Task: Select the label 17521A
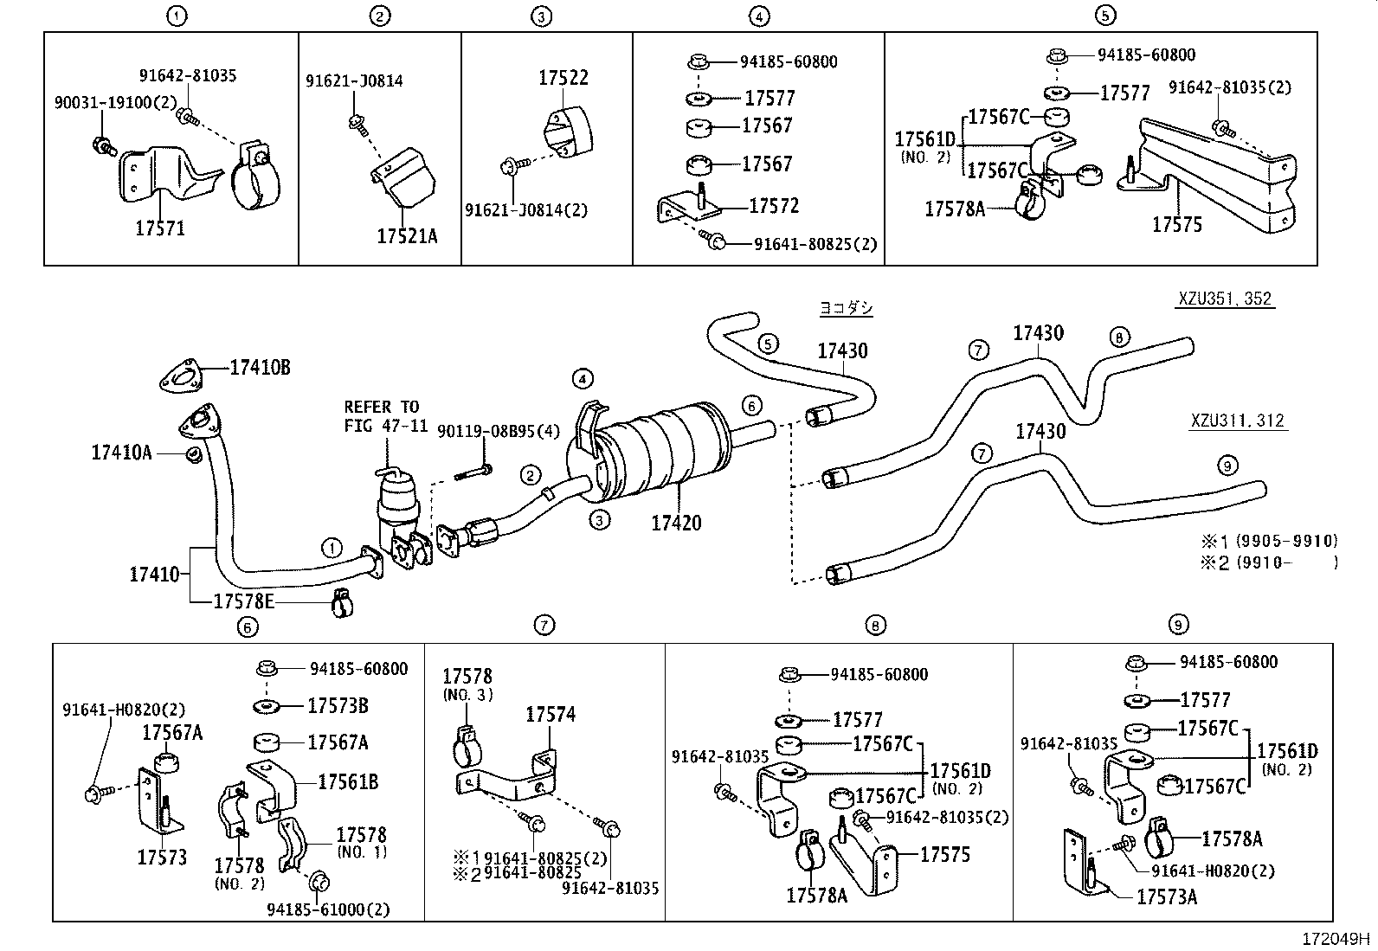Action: coord(407,235)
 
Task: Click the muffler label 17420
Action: coord(676,523)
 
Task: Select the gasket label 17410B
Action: coord(260,368)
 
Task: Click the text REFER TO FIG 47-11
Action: coord(381,416)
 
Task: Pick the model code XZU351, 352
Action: coord(1224,299)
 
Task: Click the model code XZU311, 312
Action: coord(1236,421)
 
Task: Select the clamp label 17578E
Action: coord(243,601)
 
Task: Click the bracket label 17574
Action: coord(551,715)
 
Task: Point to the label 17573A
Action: coord(1166,897)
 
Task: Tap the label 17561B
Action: coord(348,782)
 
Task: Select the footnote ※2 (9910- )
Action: coord(1267,562)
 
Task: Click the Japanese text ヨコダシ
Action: coord(846,308)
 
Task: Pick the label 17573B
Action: coord(338,706)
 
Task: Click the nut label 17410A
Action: coord(121,452)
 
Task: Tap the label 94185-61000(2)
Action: coord(328,909)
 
